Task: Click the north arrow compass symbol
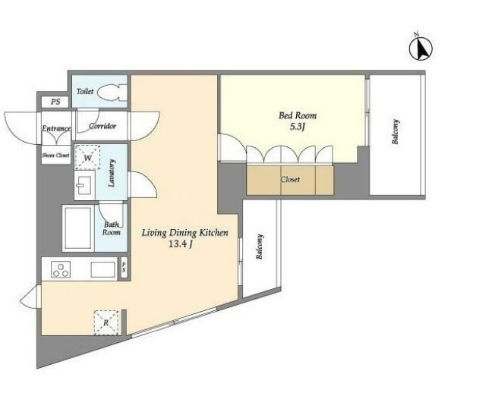coord(421,49)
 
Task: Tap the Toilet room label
coord(85,91)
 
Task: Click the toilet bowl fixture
coord(112,93)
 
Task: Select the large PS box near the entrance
coord(55,102)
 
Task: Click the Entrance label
coord(56,128)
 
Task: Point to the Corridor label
coord(103,126)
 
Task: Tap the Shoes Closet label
coord(56,155)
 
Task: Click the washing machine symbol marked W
coord(87,157)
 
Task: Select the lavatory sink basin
coord(84,185)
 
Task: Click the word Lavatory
coord(112,173)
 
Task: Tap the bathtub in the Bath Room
coord(78,228)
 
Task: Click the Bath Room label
coord(112,228)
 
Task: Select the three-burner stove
coord(61,269)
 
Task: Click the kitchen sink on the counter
coord(103,270)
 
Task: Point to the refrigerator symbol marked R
coord(106,322)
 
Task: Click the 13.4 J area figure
coord(180,244)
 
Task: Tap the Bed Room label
coord(298,115)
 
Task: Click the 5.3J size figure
coord(297,127)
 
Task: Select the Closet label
coord(290,179)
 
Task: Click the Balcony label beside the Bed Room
coord(396,131)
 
